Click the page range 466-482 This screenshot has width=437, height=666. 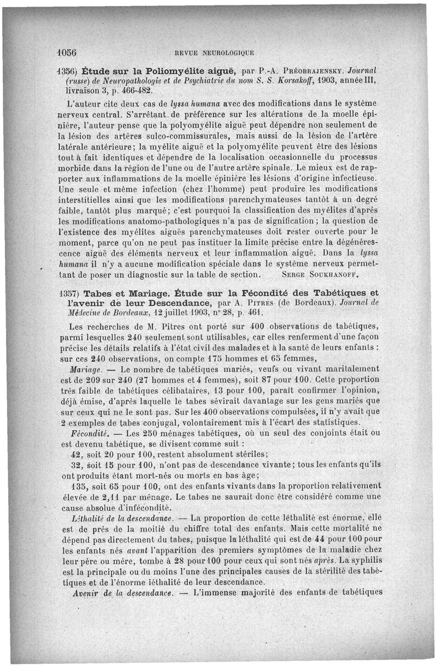click(131, 88)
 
